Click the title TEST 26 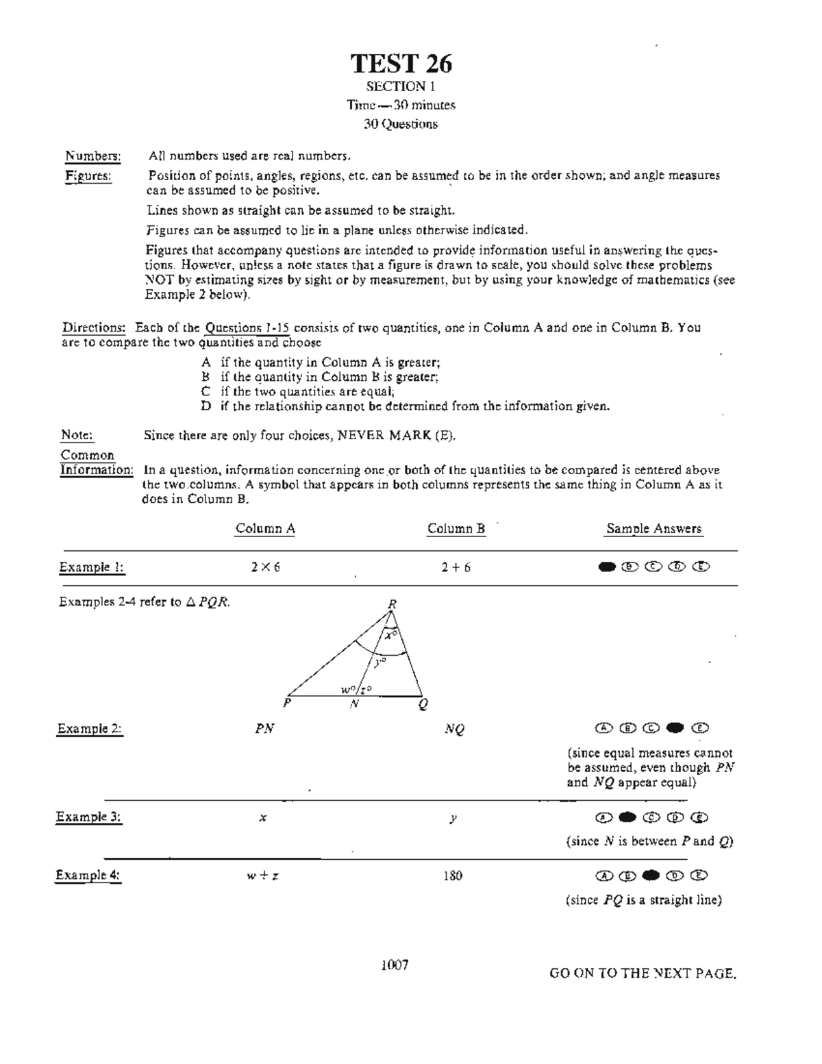click(x=401, y=64)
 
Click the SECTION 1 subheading click(x=401, y=86)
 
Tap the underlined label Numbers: click(x=92, y=156)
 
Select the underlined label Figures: click(x=88, y=176)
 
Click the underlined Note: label click(x=77, y=435)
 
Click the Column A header click(x=265, y=528)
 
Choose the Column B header click(x=456, y=528)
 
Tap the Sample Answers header click(x=653, y=528)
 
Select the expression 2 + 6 click(x=456, y=567)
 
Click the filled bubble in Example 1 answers click(x=606, y=567)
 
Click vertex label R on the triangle click(x=393, y=604)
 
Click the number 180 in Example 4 click(x=452, y=875)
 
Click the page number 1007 click(x=395, y=965)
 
